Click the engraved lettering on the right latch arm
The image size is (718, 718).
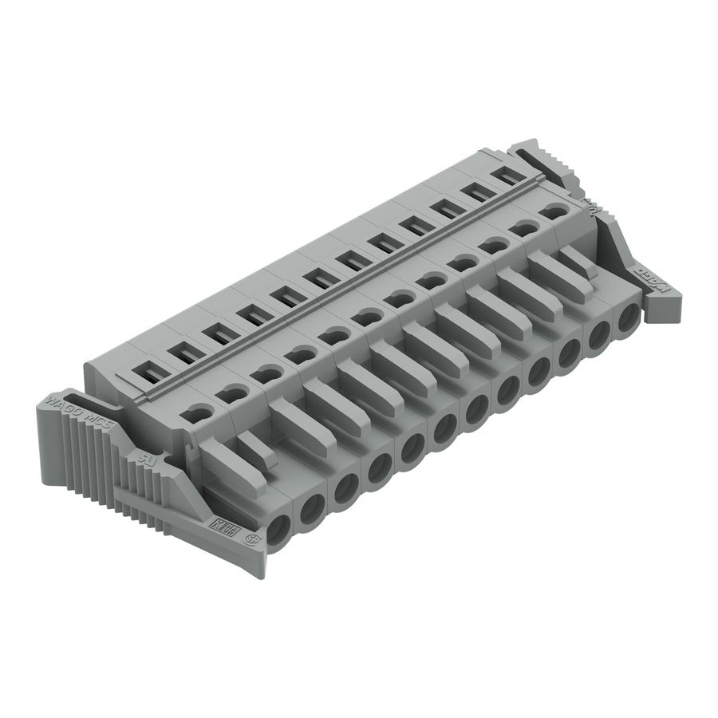[x=653, y=279]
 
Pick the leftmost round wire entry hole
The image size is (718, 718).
[x=278, y=531]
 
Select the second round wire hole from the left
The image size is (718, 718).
[x=312, y=506]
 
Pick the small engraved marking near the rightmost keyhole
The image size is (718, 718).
[x=590, y=206]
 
